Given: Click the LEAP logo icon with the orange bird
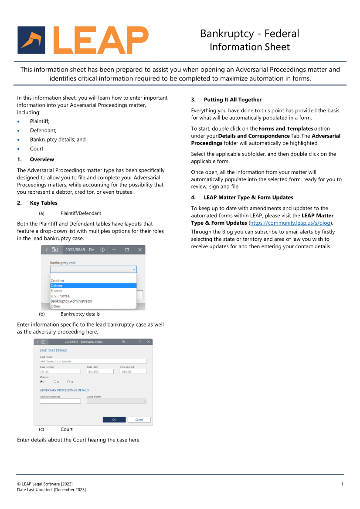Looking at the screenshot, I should [x=31, y=40].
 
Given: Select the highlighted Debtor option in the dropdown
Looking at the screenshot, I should [x=93, y=286].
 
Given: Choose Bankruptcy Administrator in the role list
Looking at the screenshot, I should [x=71, y=301].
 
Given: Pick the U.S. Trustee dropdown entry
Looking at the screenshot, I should [x=60, y=296].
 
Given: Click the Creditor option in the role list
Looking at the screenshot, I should [x=58, y=281].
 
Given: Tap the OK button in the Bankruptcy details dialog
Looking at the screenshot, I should [x=114, y=420].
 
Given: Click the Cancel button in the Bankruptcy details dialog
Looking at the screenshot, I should [x=139, y=420].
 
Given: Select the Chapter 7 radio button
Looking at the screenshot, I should [x=41, y=382].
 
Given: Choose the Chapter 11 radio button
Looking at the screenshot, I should [x=55, y=382].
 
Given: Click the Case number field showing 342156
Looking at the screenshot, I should [x=60, y=371].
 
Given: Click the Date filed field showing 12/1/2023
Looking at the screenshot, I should [x=100, y=371].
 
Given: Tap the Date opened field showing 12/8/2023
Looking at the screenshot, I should [x=133, y=371].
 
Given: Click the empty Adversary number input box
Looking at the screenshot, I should [x=60, y=401].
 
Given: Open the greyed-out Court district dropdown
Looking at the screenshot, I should [x=116, y=401].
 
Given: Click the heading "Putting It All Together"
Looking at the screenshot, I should [x=233, y=100].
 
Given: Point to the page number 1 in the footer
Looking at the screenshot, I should [x=342, y=484].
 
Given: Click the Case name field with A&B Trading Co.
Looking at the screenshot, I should [x=93, y=361].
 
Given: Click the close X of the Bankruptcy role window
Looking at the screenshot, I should [x=140, y=250].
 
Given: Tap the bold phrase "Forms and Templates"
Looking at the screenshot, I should [x=286, y=128].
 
